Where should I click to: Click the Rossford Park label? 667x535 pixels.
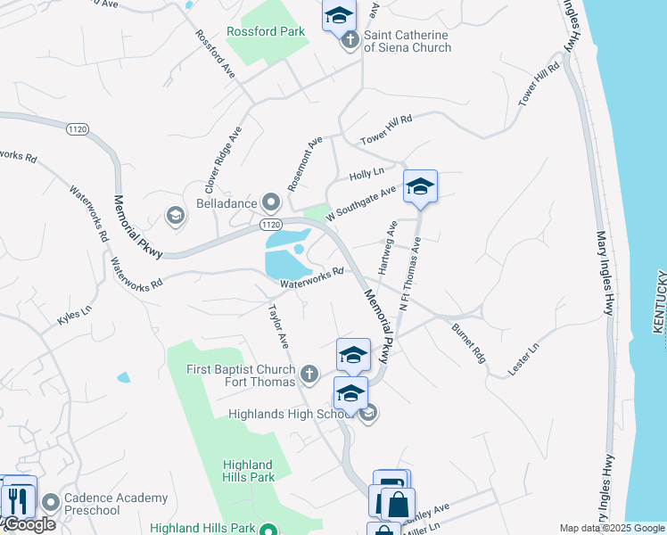[266, 31]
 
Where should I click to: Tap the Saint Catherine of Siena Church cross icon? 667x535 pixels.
[350, 40]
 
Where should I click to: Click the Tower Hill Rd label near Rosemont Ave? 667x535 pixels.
[386, 130]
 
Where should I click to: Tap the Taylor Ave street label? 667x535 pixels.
[279, 326]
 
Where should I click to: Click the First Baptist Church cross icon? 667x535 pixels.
[309, 374]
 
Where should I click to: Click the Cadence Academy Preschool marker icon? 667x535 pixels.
[48, 504]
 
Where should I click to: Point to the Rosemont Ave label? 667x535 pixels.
[304, 164]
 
